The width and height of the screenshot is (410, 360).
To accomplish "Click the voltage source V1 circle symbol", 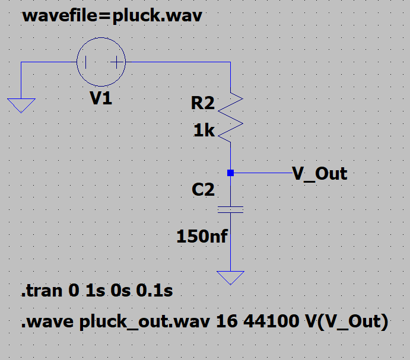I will (x=101, y=62).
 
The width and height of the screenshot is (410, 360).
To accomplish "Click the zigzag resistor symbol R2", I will (x=231, y=117).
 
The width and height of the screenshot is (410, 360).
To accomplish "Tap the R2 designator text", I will (x=202, y=103).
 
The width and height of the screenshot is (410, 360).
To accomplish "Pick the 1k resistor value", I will (x=204, y=130).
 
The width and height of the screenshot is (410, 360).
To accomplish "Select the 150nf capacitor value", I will (x=202, y=237).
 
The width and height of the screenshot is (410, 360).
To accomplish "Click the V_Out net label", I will (x=320, y=174).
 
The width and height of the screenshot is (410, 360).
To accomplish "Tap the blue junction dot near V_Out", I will (x=231, y=173).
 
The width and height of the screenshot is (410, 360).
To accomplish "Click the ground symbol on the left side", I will (x=21, y=105).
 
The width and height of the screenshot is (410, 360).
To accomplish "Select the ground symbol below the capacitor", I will (x=231, y=277).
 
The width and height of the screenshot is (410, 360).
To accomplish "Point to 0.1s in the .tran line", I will (x=156, y=292).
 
